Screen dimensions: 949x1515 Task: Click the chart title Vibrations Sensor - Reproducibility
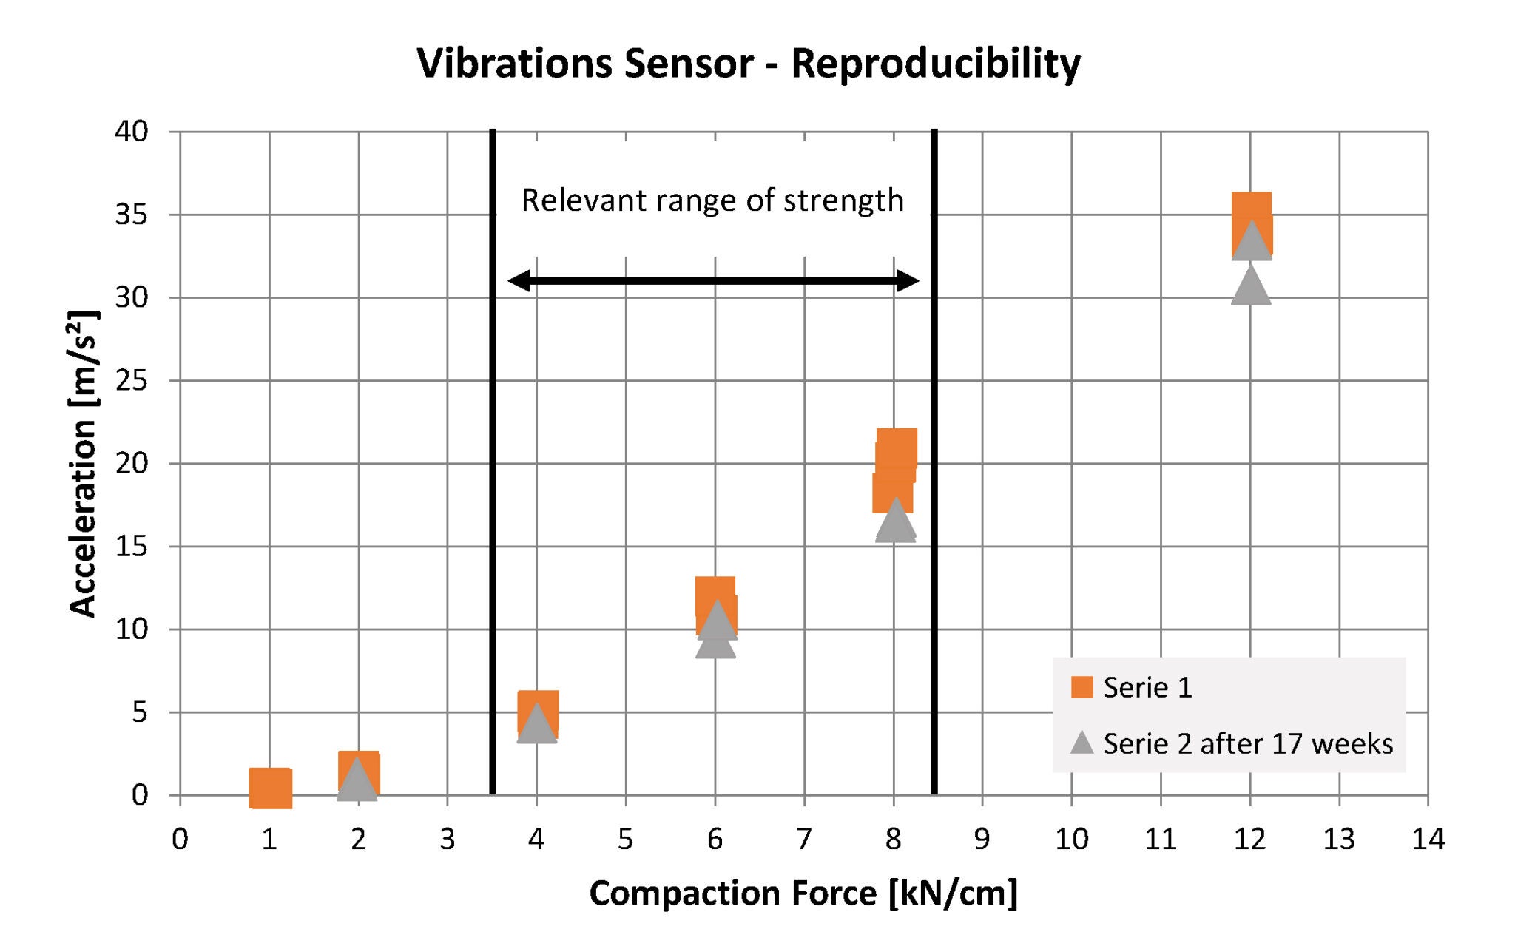(x=748, y=63)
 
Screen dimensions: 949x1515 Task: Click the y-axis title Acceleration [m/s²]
(x=83, y=463)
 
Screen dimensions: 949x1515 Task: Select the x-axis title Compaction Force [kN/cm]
(x=803, y=893)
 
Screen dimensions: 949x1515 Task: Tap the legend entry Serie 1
(x=1147, y=688)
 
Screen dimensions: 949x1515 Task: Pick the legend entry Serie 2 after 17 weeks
(x=1247, y=743)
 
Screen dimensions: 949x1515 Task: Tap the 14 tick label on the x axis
(x=1427, y=840)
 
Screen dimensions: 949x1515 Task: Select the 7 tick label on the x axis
(x=803, y=840)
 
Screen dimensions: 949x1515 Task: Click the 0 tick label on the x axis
(x=180, y=840)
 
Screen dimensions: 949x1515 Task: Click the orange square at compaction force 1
(x=270, y=788)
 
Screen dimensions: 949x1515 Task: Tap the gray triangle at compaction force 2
(x=357, y=781)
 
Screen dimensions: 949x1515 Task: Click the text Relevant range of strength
(x=712, y=200)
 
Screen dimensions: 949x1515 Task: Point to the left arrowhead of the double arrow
(x=518, y=280)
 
